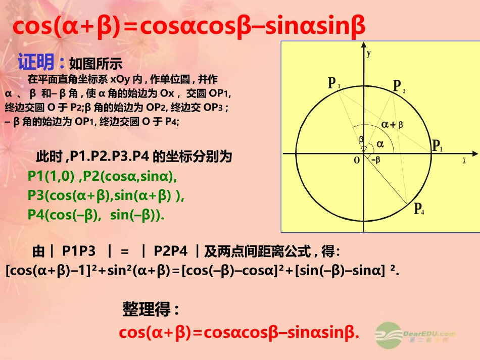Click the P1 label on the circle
[437, 146]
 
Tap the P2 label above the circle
[399, 86]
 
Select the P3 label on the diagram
[333, 83]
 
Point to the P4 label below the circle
[419, 209]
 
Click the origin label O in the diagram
[356, 160]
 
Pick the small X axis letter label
[464, 161]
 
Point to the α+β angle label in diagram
[392, 124]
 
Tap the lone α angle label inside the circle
[380, 144]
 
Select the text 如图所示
[95, 64]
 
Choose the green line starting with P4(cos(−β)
[96, 215]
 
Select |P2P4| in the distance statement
[171, 250]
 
